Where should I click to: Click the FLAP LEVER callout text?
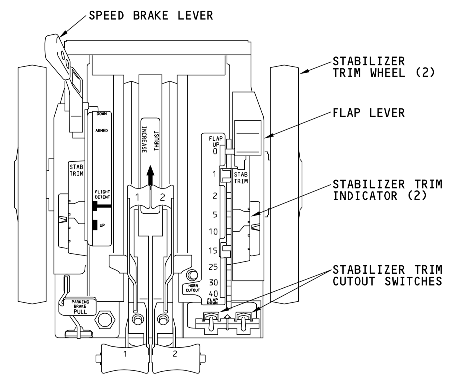[x=368, y=113]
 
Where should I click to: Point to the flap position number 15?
[x=213, y=250]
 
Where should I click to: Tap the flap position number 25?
[x=213, y=267]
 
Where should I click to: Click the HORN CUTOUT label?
[x=192, y=288]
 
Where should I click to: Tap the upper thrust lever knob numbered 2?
[x=162, y=197]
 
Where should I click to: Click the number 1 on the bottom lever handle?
[x=125, y=354]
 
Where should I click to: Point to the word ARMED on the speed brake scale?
[x=101, y=131]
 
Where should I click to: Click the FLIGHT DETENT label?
[x=102, y=194]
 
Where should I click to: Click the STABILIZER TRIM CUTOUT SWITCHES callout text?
[x=387, y=275]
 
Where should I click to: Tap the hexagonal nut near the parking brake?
[x=104, y=320]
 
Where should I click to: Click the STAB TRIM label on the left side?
[x=76, y=170]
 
